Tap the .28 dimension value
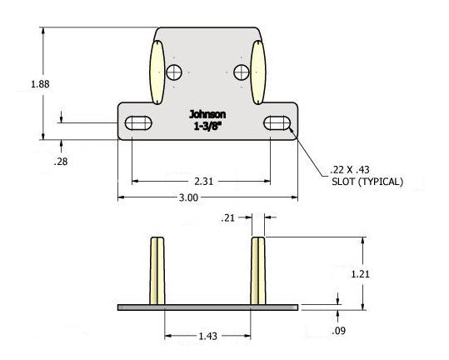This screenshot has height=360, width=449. coord(60,162)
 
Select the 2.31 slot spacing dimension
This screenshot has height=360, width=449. coord(201,180)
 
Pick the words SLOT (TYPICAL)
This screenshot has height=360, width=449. coord(367,182)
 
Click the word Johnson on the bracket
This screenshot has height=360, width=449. coord(207,115)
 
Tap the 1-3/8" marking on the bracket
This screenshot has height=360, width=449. coord(207,127)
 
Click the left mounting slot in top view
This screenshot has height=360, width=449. coord(138,124)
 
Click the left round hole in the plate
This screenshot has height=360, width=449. coord(175,71)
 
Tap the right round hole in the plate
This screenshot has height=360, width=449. coord(242,71)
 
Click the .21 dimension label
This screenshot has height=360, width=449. coord(229,218)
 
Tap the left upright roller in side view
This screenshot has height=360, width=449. coord(157,271)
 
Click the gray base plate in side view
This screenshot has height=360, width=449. coord(207,307)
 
